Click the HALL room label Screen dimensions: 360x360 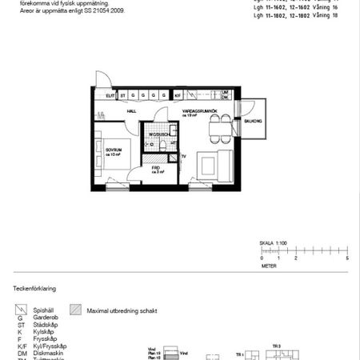130,113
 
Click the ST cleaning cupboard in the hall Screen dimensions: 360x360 122,95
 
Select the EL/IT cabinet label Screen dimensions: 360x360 110,95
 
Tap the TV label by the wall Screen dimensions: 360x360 183,156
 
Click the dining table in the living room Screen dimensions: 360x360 216,126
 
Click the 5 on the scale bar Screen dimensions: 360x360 347,259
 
